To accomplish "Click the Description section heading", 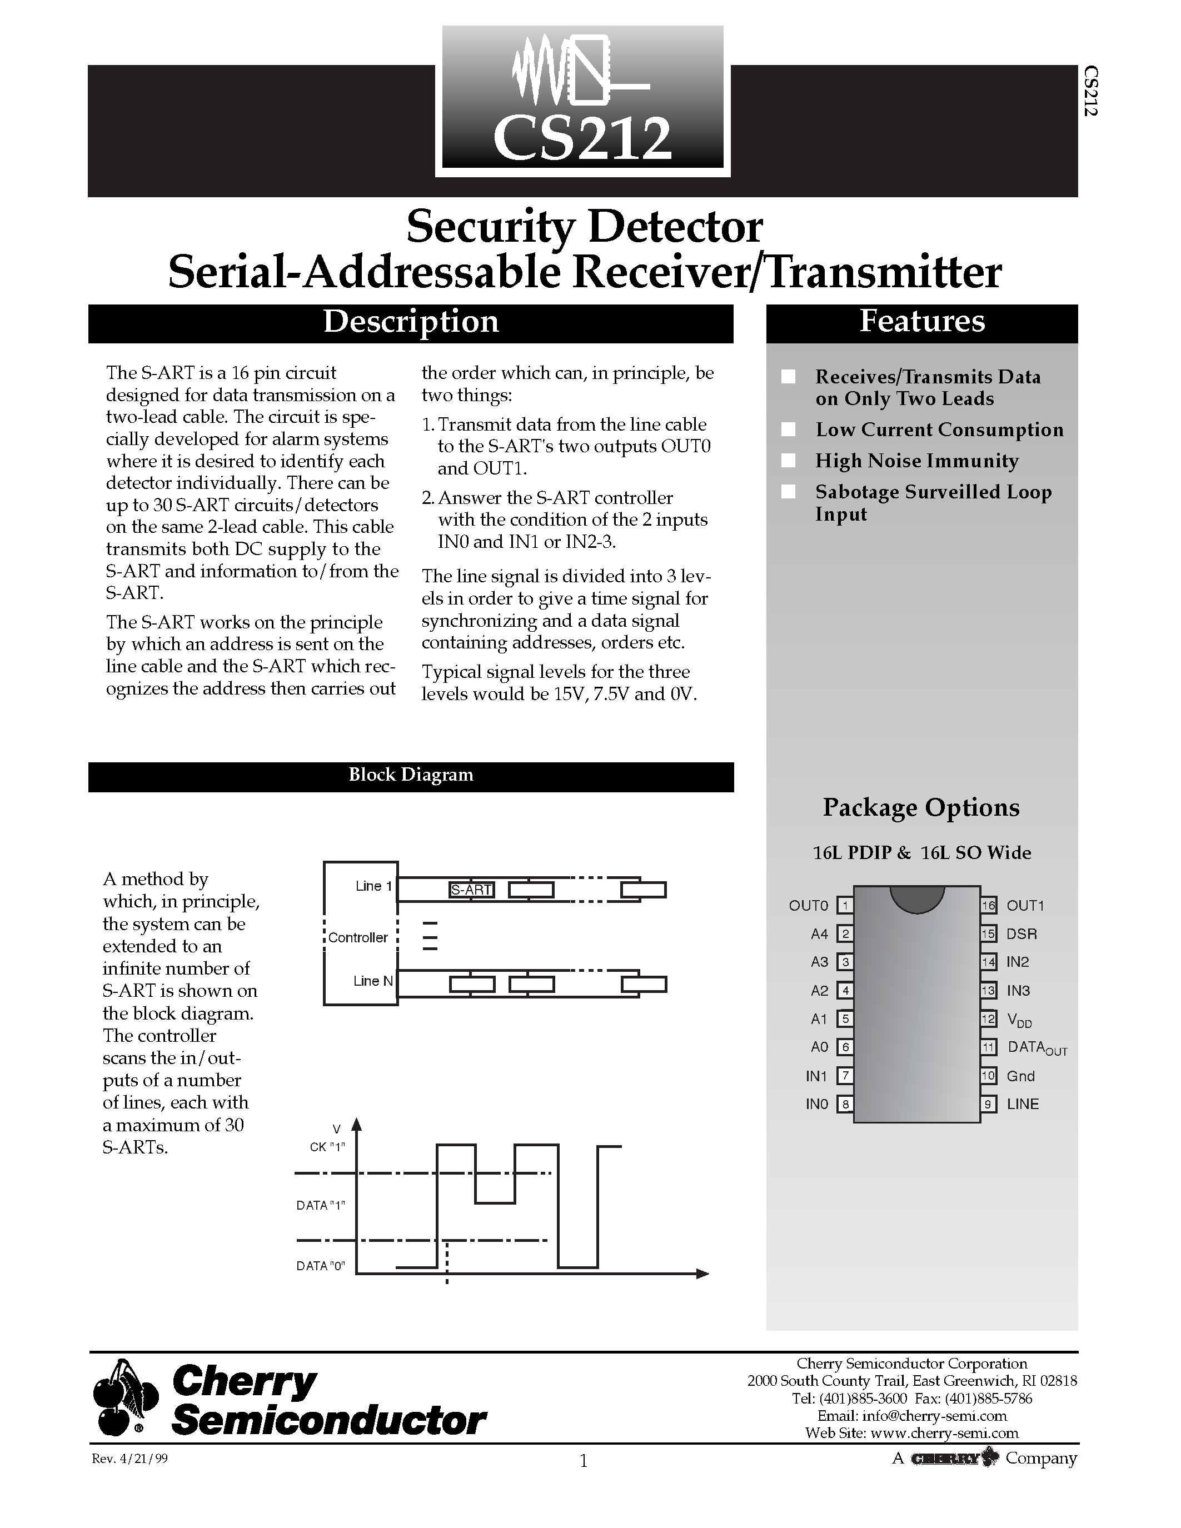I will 411,322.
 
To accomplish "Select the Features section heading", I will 921,322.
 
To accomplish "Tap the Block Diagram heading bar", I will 411,775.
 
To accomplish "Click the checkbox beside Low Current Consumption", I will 789,430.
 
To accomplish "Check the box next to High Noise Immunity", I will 789,461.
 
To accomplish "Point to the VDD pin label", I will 1019,1020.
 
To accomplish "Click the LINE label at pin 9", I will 1022,1104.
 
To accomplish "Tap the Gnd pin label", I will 1020,1076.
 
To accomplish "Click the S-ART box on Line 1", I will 471,890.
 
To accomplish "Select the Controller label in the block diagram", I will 358,937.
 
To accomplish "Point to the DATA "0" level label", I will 321,1266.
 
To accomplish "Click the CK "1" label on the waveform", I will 327,1147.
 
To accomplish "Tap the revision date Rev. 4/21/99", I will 130,1460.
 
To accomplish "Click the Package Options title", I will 921,808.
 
